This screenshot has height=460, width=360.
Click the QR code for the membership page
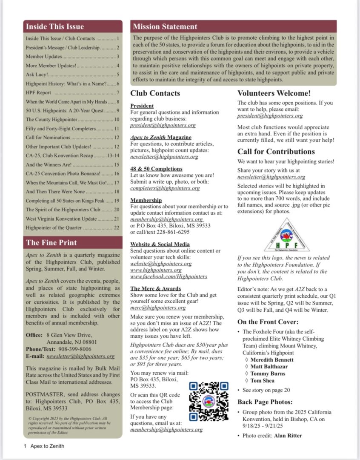tap(209, 402)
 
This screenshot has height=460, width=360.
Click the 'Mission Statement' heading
tap(165, 27)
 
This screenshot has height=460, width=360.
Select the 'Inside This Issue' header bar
tap(73, 26)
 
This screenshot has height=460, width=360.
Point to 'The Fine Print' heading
tap(51, 243)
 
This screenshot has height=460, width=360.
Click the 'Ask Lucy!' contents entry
tap(38, 75)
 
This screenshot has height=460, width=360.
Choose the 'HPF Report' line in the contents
tap(38, 92)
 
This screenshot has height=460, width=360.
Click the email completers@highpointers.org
tap(165, 188)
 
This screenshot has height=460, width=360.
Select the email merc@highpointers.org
tap(158, 308)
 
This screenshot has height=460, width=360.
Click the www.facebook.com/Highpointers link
tap(169, 276)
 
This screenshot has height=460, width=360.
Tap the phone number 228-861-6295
tap(174, 232)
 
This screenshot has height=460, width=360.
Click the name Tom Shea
tap(262, 380)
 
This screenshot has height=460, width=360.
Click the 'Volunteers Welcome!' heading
tap(274, 93)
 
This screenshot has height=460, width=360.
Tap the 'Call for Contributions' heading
tap(276, 152)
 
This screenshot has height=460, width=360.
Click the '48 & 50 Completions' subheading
tap(156, 169)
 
